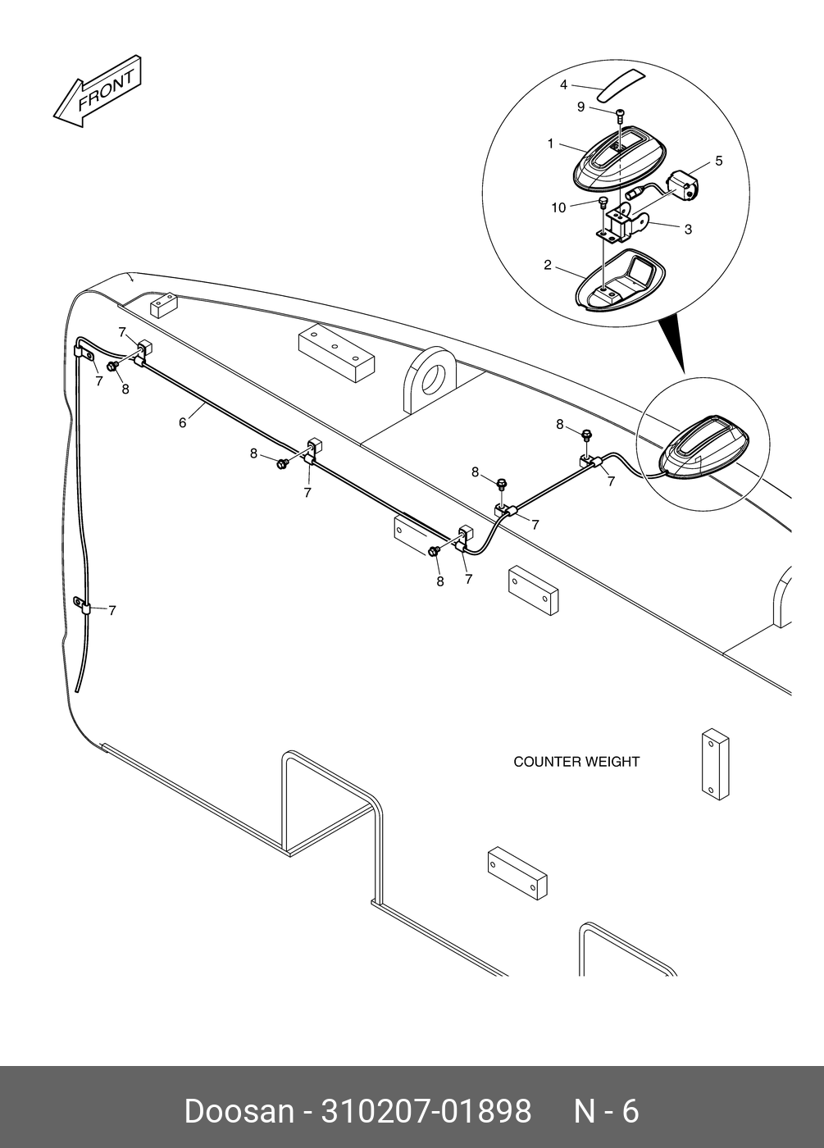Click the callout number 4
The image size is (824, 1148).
[x=563, y=84]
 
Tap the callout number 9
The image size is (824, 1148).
[x=580, y=107]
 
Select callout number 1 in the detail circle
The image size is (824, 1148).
[x=551, y=143]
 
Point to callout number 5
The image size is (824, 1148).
[x=719, y=161]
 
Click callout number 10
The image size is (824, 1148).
[x=558, y=207]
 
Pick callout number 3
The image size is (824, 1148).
[x=688, y=229]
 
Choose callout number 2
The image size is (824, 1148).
[x=547, y=265]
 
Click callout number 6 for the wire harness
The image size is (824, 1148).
[x=183, y=422]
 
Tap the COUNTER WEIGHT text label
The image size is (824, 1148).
[x=576, y=762]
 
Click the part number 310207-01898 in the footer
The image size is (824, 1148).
[x=426, y=1111]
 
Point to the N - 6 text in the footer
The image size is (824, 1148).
[x=605, y=1111]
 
